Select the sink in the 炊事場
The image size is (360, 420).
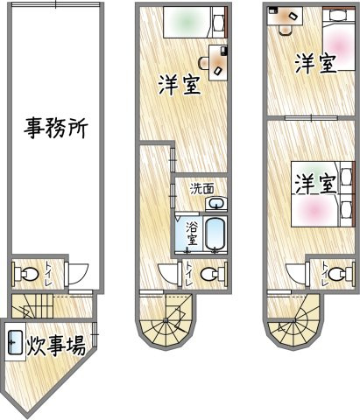click(15, 343)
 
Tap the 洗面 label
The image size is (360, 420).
click(202, 187)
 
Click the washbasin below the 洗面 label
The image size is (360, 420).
click(214, 203)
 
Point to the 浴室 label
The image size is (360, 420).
click(192, 235)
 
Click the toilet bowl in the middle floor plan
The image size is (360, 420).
click(209, 275)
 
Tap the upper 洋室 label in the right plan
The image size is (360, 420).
click(315, 64)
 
